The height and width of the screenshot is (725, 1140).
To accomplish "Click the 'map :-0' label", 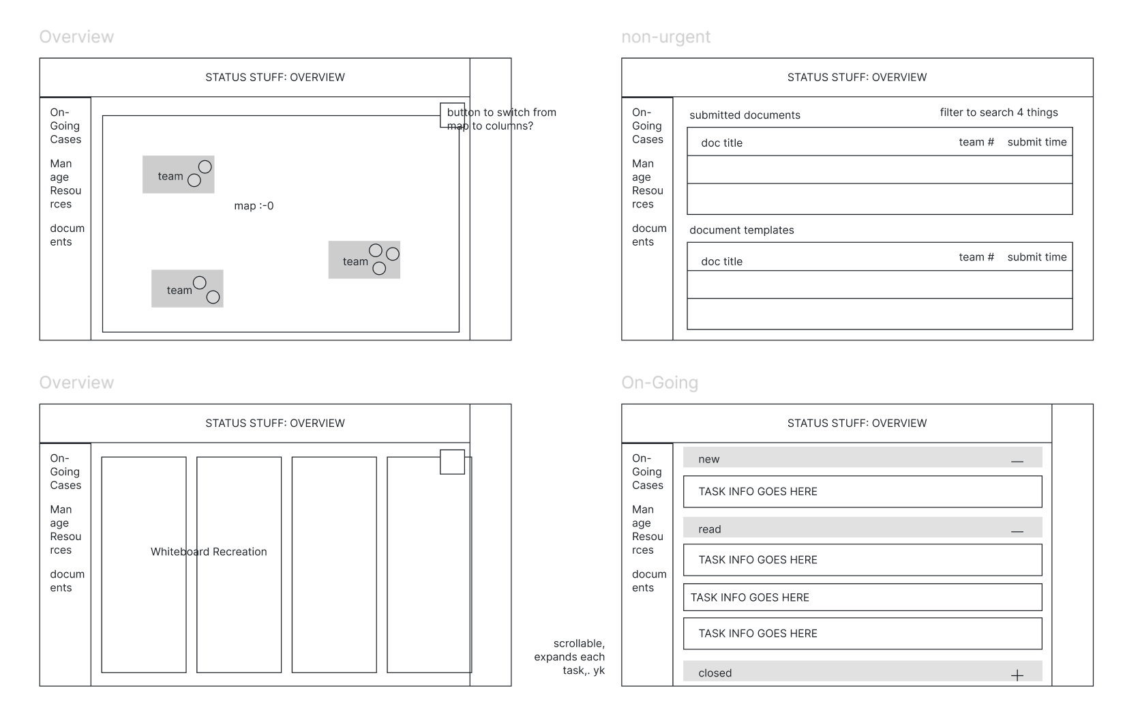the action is click(254, 206).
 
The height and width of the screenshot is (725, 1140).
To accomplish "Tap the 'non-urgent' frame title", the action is click(665, 37).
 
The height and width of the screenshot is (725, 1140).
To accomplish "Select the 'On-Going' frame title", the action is click(659, 383).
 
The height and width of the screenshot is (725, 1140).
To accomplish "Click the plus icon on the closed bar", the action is click(1017, 675).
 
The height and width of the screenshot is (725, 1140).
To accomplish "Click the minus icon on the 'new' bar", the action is click(1017, 461).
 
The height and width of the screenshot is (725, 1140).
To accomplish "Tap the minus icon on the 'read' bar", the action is click(1017, 531).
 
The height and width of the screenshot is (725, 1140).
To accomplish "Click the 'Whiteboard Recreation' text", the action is click(209, 551).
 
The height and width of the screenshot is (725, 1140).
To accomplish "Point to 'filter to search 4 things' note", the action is click(998, 113).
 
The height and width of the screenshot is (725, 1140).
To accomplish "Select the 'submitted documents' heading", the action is click(745, 115).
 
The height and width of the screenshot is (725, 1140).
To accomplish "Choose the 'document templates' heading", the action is click(742, 230).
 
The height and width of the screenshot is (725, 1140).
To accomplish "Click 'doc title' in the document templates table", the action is click(721, 262).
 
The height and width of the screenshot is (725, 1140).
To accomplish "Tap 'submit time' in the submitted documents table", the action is click(1036, 142).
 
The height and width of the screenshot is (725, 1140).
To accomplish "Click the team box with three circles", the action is click(364, 260).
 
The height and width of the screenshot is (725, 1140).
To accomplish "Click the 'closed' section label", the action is click(715, 673).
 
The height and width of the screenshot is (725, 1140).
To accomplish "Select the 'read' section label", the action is click(710, 529).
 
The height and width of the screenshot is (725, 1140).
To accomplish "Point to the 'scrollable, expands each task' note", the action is click(569, 657).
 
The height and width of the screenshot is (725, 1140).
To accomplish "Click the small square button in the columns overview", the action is click(453, 462).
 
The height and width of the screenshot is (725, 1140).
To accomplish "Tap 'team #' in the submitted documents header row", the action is click(976, 142).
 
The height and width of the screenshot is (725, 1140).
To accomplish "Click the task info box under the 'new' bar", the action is click(862, 491).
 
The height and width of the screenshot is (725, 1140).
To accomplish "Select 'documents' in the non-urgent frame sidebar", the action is click(649, 235).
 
